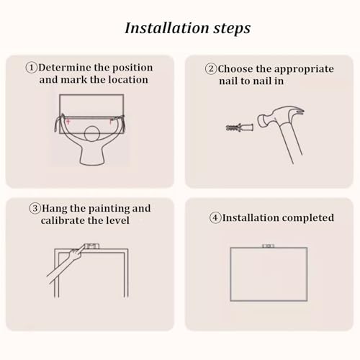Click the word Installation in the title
pos(167,28)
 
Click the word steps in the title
pos(232,29)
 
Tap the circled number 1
pos(32,68)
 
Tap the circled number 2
pos(211,69)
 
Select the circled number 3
pos(35,208)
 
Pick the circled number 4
pos(215,218)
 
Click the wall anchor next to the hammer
pos(240,127)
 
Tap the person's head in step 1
pos(92,134)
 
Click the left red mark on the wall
pos(68,122)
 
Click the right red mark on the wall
pos(111,121)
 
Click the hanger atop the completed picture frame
pos(268,246)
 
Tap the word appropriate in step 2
pos(304,70)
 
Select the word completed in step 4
pos(308,218)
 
